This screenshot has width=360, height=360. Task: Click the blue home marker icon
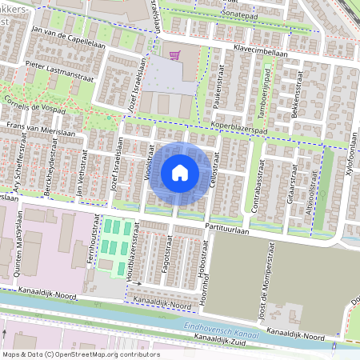click(x=180, y=173)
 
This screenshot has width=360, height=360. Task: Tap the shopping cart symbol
click(x=174, y=54)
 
